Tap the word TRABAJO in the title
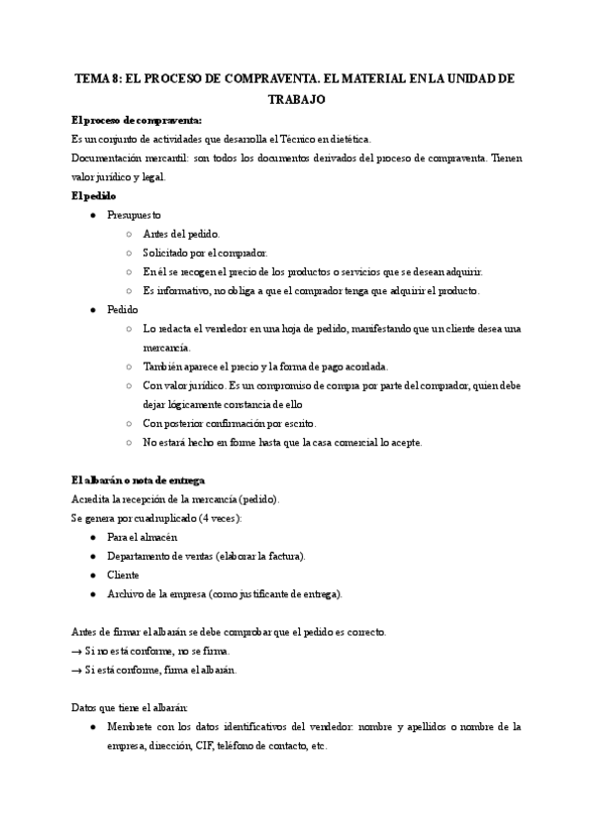[x=297, y=99]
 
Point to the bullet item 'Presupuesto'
[x=134, y=215]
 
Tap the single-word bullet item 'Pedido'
[x=122, y=309]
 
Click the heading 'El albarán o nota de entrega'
[x=138, y=480]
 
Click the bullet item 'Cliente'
[x=123, y=575]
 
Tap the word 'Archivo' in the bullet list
[x=126, y=593]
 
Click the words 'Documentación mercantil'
[x=111, y=158]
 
